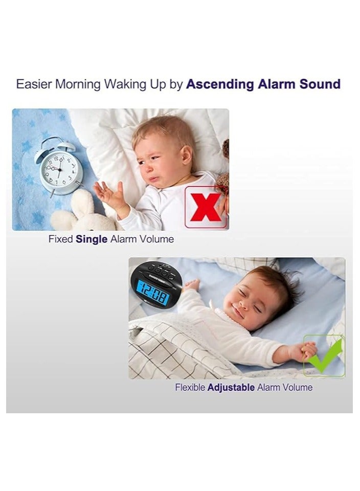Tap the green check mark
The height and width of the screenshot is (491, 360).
tap(324, 356)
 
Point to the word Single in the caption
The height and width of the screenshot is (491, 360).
tap(91, 239)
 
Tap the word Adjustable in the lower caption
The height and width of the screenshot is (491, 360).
tap(231, 387)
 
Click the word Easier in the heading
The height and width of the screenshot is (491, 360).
tap(34, 84)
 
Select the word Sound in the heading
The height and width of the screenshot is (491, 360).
tap(320, 84)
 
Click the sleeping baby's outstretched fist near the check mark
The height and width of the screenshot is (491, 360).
tap(308, 350)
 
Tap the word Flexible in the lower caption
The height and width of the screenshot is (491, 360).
tap(190, 387)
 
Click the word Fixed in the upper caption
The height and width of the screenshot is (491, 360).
tap(61, 239)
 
